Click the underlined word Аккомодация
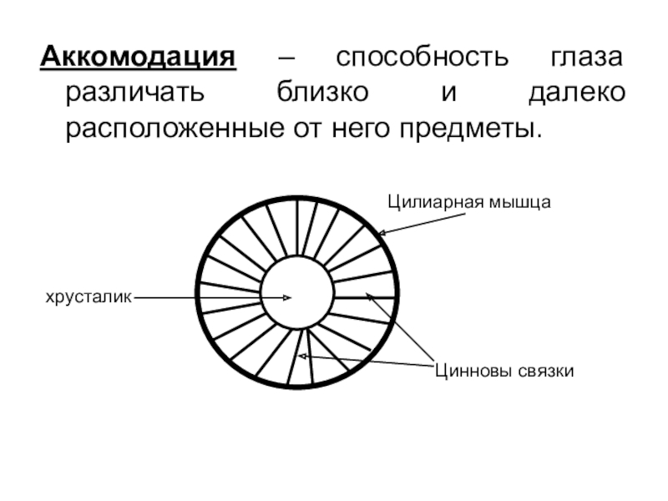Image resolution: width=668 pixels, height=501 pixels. point(139,60)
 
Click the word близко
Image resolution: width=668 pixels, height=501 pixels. point(320,94)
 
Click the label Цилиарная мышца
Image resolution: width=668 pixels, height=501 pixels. point(468,201)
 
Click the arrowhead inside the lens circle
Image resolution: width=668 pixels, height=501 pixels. point(288,297)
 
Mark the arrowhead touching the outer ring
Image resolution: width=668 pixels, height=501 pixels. point(381,232)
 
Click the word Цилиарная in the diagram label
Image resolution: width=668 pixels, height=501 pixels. point(438,201)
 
